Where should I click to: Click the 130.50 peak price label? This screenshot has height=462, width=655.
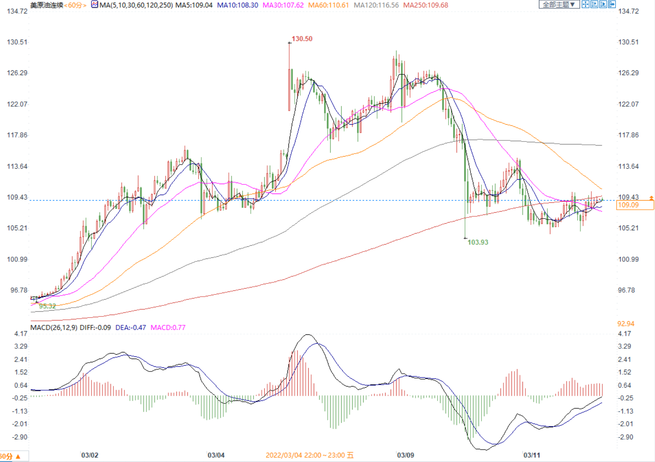[302, 39]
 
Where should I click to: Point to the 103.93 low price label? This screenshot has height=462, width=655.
[478, 242]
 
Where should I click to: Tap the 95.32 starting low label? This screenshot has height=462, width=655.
[48, 306]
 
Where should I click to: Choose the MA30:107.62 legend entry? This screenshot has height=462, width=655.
[283, 5]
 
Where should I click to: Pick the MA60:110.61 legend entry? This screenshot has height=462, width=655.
[328, 5]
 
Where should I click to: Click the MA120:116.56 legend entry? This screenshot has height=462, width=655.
[376, 5]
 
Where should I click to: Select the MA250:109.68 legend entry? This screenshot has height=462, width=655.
[425, 5]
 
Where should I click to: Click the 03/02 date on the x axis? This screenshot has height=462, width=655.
[90, 455]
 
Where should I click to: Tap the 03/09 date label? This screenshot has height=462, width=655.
[406, 455]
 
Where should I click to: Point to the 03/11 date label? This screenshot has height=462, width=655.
[532, 455]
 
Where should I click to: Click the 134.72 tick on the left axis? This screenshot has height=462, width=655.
[17, 11]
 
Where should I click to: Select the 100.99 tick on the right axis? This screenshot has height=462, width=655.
[628, 260]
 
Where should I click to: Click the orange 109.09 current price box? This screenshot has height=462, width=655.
[635, 205]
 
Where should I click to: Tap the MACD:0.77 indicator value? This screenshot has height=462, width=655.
[168, 327]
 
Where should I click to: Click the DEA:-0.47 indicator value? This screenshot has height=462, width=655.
[130, 327]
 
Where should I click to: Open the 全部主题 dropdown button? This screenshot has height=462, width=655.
[559, 4]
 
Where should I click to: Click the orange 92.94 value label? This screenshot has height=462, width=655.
[626, 324]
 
